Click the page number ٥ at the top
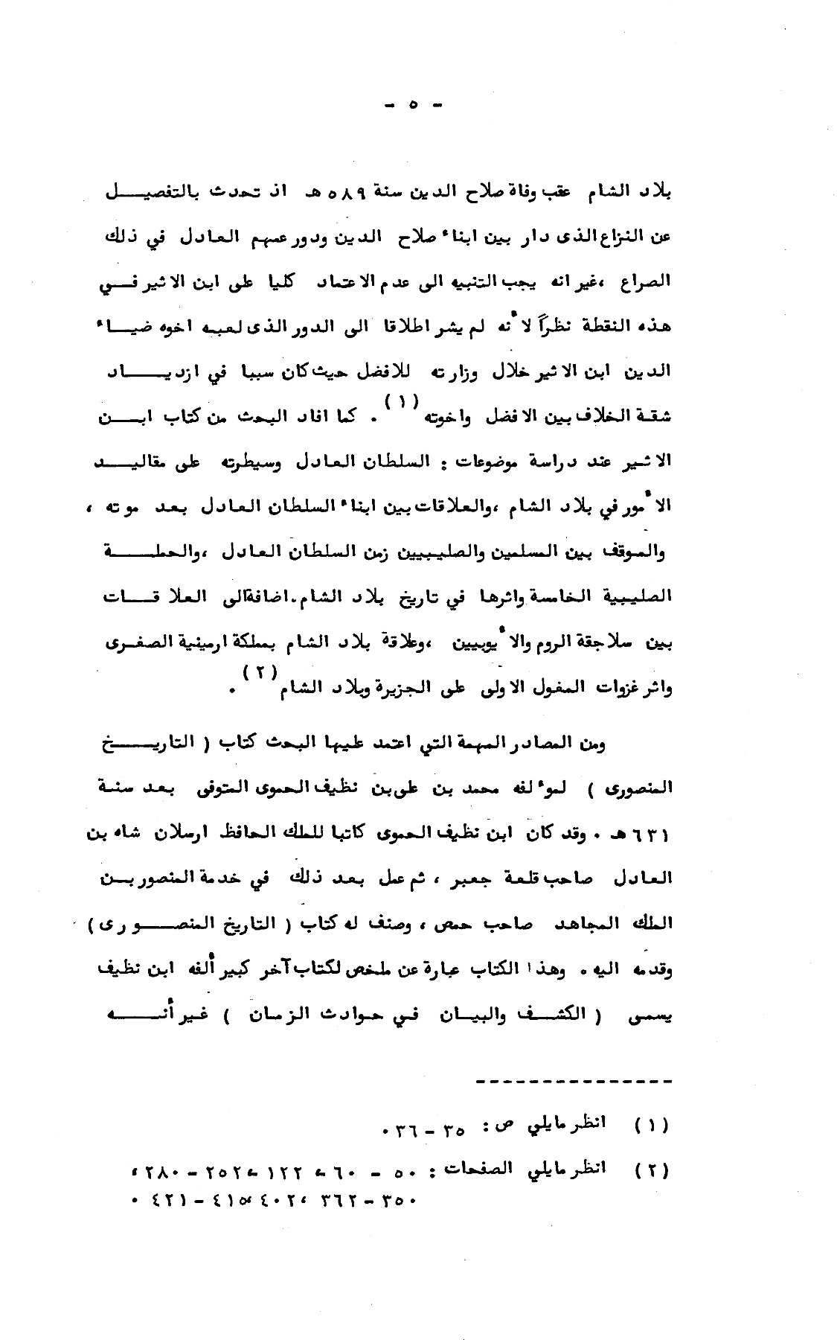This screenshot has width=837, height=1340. click(414, 106)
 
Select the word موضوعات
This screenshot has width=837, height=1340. click(475, 461)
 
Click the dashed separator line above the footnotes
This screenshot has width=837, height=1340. click(572, 1081)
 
